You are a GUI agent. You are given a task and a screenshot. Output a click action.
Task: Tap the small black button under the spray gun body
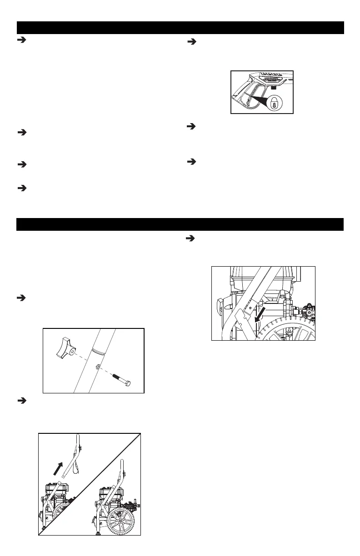pos(274,86)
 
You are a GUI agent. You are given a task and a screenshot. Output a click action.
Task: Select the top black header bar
pos(180,28)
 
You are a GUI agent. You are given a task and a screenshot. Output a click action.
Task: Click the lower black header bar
pos(180,225)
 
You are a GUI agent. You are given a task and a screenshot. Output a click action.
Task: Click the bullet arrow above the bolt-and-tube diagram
pos(20,298)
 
